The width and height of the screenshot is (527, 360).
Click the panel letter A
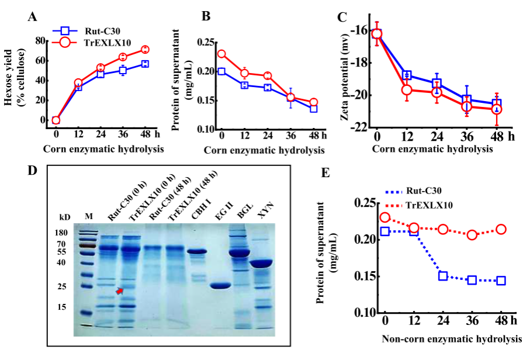[x=34, y=16]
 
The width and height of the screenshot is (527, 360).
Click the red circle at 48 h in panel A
[x=145, y=50]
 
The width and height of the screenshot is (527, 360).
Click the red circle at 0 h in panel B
[x=221, y=54]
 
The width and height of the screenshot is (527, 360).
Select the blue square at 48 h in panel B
[x=314, y=109]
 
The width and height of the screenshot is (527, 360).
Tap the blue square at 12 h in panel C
[x=407, y=75]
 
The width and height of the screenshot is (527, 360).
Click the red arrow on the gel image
[x=120, y=290]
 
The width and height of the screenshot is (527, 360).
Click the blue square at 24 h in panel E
[x=443, y=276]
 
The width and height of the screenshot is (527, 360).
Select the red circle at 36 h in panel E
[x=471, y=235]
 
